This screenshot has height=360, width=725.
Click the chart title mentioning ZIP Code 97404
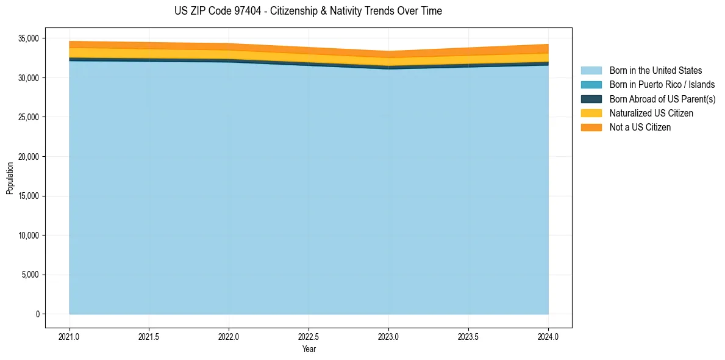pos(309,11)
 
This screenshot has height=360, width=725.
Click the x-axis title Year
pos(309,349)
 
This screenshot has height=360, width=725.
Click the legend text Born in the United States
pos(655,71)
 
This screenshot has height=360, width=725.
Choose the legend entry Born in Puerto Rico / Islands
pos(662,85)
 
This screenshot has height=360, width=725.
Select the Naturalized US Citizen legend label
pos(651,113)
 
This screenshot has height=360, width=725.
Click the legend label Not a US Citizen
pos(640,128)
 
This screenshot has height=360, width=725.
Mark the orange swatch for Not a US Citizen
pos(591,128)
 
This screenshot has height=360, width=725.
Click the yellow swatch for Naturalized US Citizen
pos(591,113)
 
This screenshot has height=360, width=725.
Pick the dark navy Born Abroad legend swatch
pos(591,99)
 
